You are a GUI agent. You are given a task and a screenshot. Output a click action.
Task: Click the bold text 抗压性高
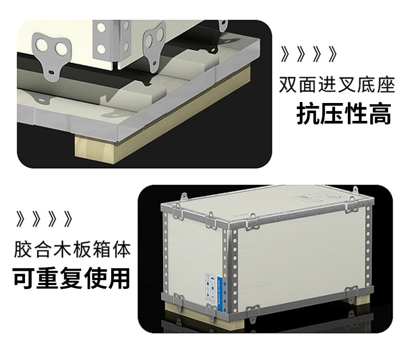344,114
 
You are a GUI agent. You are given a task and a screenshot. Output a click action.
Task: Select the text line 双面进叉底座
337,85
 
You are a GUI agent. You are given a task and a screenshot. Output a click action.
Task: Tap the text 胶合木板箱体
72,250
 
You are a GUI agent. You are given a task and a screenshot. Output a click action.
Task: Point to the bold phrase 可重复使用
71,278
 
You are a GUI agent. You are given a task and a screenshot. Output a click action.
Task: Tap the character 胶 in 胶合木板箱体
23,250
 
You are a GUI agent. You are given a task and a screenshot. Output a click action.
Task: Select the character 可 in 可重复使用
24,278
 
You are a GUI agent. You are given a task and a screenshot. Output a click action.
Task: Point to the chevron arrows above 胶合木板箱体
44,220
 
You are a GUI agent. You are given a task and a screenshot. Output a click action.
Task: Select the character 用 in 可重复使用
120,278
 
